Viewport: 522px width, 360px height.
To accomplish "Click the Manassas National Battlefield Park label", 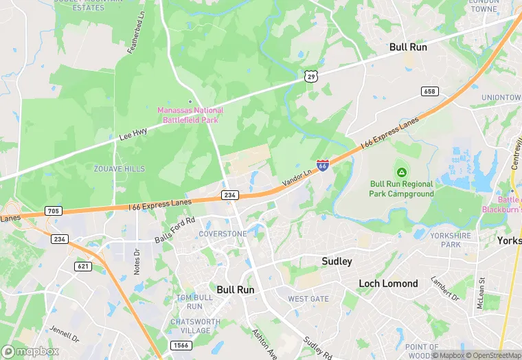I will pos(190,115).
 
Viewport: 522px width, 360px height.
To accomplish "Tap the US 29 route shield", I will pos(312,76).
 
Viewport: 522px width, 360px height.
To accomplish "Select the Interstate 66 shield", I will pos(322,165).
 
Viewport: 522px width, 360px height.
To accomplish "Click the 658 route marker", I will pos(430,91).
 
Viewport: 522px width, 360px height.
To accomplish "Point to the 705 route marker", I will pos(53,210).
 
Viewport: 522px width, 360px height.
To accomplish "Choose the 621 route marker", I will pos(83,266).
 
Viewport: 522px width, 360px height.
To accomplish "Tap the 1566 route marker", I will pos(181,345).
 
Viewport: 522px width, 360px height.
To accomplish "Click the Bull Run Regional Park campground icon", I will pos(401,171).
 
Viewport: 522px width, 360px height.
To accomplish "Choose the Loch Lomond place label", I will pos(388,283).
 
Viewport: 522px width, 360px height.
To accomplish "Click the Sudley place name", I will pos(337,261).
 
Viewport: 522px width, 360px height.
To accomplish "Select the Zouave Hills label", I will pos(120,168).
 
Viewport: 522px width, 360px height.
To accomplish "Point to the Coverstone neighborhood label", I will pos(222,234).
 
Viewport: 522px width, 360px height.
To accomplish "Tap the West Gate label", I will pos(308,299).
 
